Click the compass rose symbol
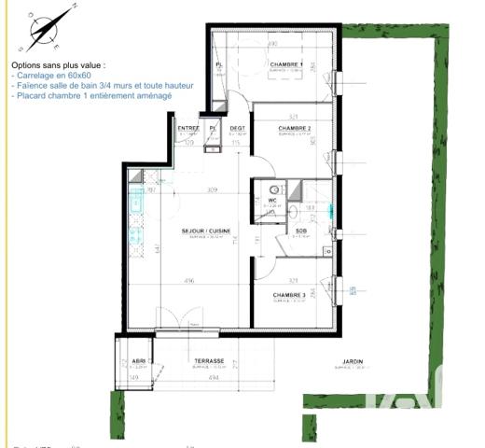(45, 29)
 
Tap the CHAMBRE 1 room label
(288, 63)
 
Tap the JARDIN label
(352, 361)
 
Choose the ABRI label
(139, 361)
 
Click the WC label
(273, 201)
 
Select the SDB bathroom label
(301, 231)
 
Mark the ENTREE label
(188, 128)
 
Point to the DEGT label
(238, 128)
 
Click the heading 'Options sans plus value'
(59, 65)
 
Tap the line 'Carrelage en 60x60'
(54, 75)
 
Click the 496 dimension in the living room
(188, 280)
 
